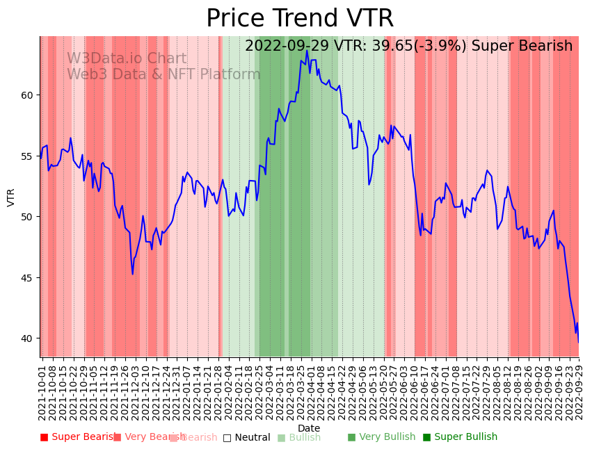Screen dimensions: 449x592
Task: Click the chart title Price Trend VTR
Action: point(300,19)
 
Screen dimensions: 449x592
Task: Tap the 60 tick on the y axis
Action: point(27,95)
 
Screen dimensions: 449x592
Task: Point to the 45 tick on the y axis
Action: point(27,278)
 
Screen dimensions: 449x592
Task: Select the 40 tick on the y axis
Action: point(27,338)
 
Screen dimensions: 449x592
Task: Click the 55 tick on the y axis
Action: point(27,156)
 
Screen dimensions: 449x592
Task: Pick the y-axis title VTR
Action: point(11,197)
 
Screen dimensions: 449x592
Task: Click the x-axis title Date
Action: point(309,428)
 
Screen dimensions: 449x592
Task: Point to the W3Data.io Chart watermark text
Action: point(127,59)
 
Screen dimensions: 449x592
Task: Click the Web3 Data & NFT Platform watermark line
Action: point(163,74)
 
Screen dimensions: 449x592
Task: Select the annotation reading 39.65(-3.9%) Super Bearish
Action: point(408,47)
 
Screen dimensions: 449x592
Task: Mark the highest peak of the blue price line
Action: point(307,50)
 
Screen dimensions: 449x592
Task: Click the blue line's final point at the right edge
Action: point(578,341)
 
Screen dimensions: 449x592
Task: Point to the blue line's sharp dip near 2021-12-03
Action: point(132,274)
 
